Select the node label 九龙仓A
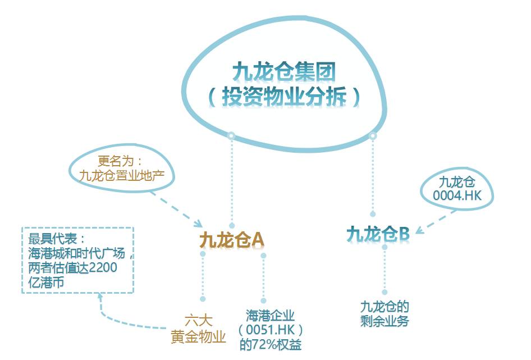click(231, 240)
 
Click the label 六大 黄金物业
click(198, 329)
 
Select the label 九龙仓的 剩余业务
click(384, 314)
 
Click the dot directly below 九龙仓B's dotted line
click(384, 292)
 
